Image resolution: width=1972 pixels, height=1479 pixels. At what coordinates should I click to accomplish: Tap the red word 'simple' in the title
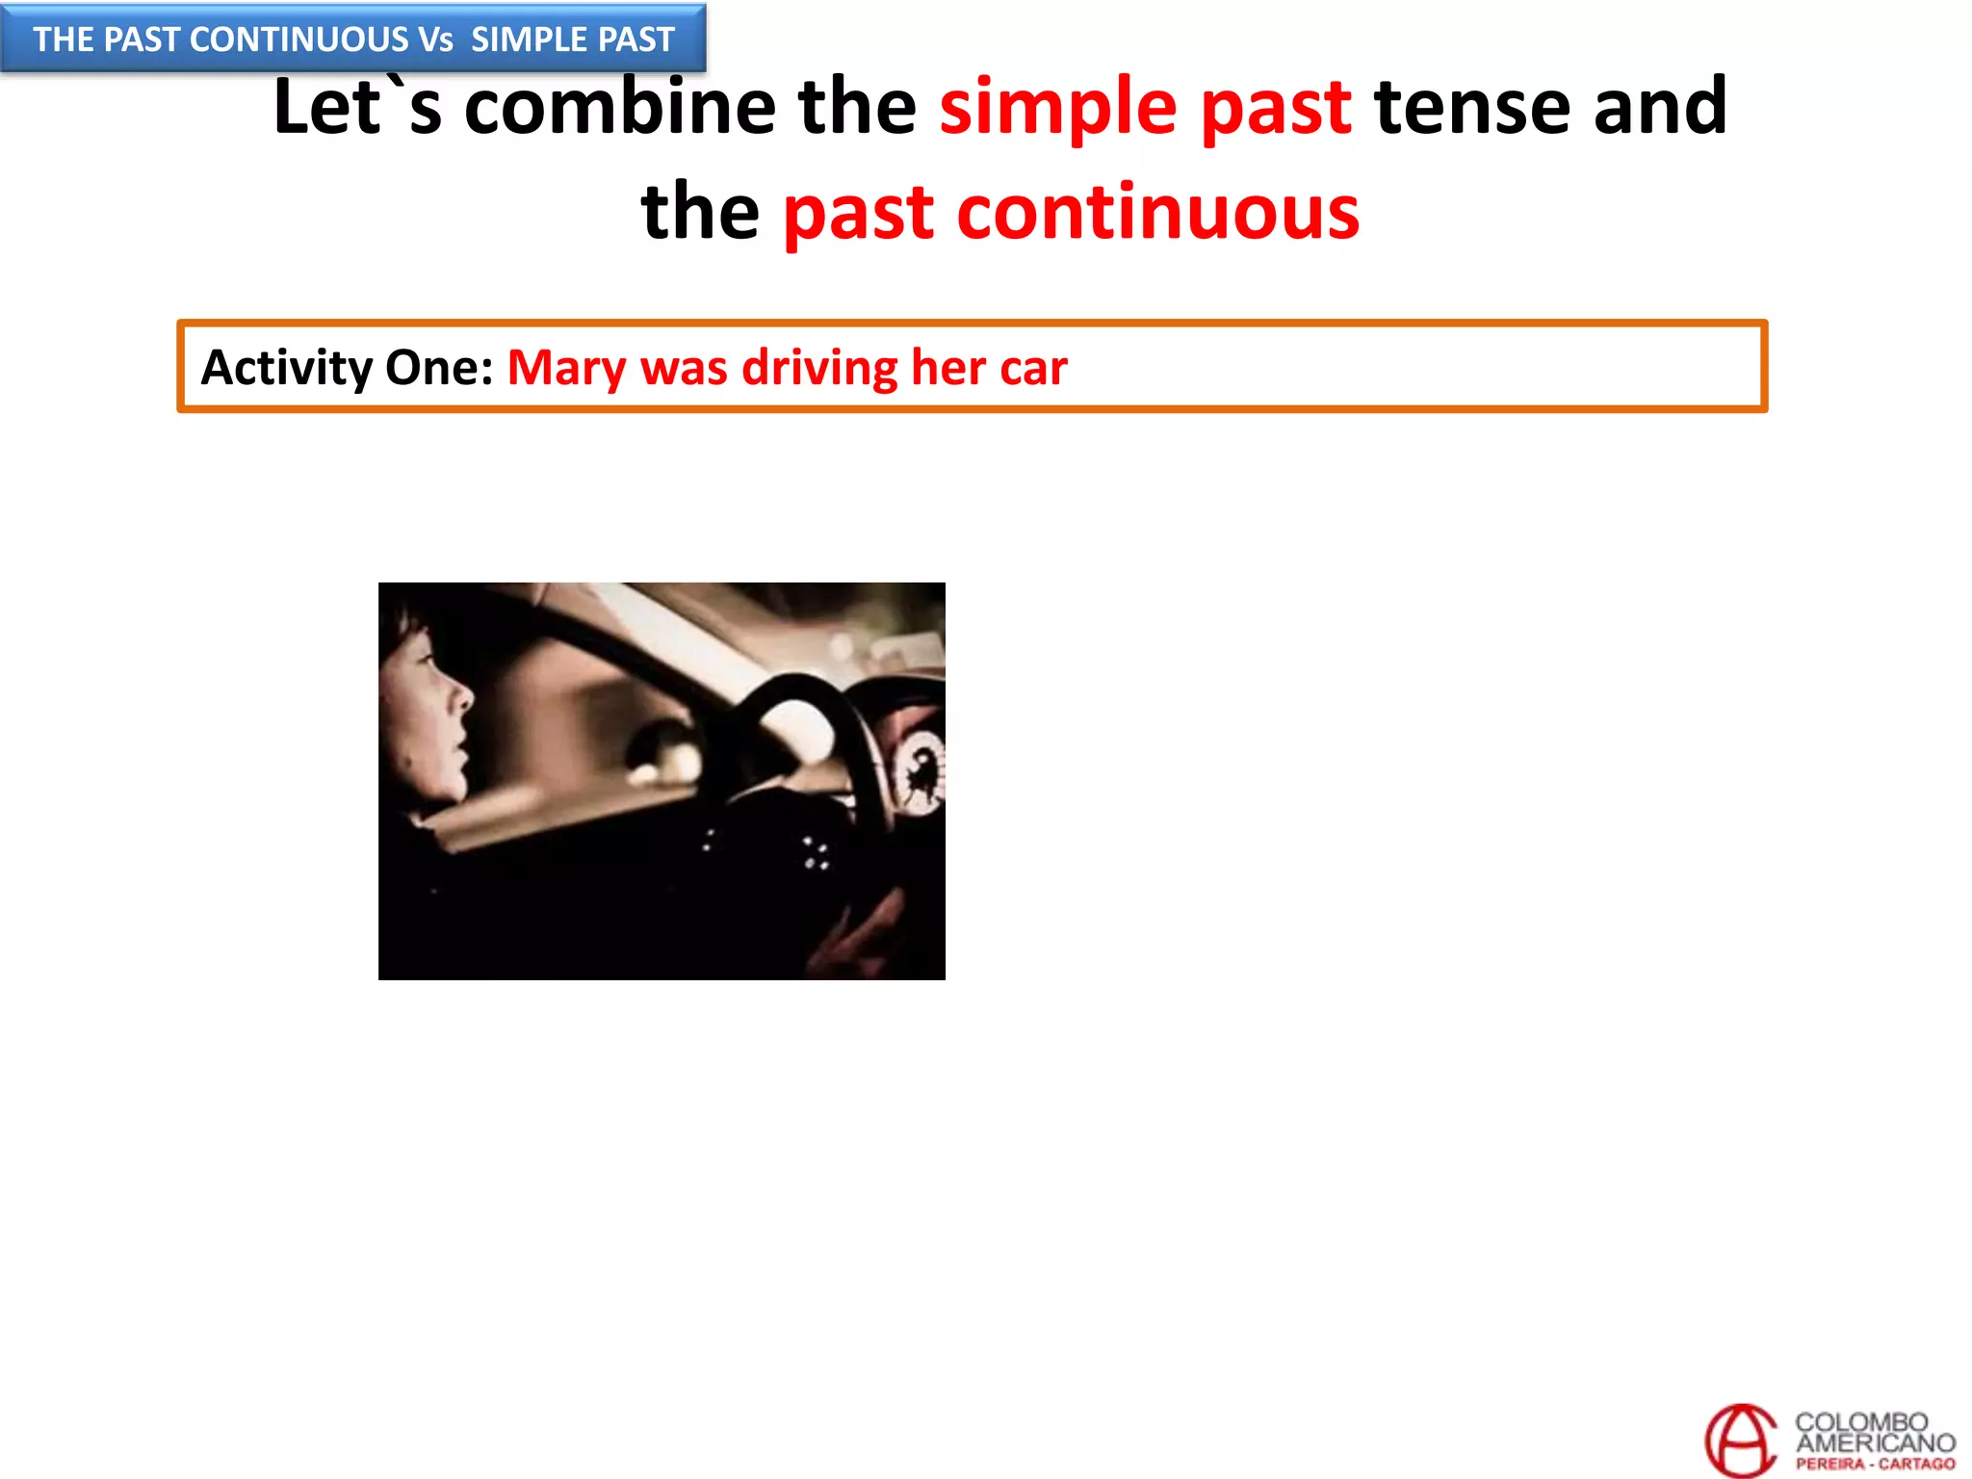[x=1057, y=108]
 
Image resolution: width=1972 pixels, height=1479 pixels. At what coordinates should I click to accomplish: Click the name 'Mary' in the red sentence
[x=566, y=368]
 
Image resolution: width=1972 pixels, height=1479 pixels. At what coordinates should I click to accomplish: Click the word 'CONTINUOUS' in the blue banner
[x=299, y=39]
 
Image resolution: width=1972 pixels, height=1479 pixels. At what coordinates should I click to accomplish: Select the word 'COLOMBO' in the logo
[x=1860, y=1421]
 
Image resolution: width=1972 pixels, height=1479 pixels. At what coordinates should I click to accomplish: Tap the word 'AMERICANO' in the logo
[x=1875, y=1442]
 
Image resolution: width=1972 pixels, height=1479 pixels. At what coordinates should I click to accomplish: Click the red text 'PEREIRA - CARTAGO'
[x=1875, y=1464]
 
